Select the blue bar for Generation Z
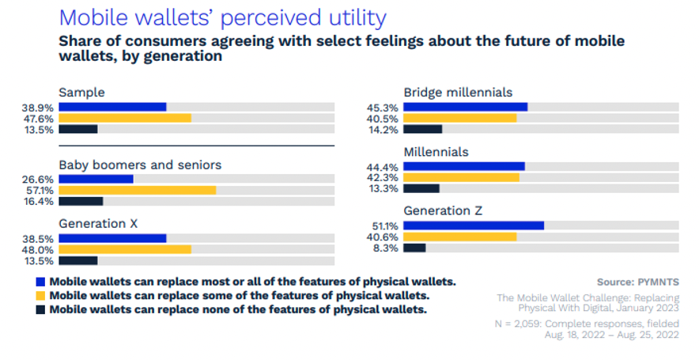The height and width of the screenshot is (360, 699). click(474, 225)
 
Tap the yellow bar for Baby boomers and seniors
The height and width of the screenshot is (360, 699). click(137, 190)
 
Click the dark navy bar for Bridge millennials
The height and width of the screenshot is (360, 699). click(422, 129)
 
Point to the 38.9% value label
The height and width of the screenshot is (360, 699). click(39, 106)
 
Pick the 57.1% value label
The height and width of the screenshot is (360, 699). click(39, 190)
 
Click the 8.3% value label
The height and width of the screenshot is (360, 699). click(387, 248)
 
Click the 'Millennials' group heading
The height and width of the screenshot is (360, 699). click(436, 151)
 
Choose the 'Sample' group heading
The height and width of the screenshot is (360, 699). click(81, 92)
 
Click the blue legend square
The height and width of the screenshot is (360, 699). click(40, 281)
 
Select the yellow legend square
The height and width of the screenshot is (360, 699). click(40, 295)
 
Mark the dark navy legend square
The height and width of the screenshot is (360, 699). click(40, 309)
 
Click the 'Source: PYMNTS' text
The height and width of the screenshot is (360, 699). click(637, 281)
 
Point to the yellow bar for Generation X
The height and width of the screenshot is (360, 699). click(125, 249)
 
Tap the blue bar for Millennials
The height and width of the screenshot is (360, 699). click(464, 166)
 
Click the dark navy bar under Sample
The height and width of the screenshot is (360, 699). click(77, 129)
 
